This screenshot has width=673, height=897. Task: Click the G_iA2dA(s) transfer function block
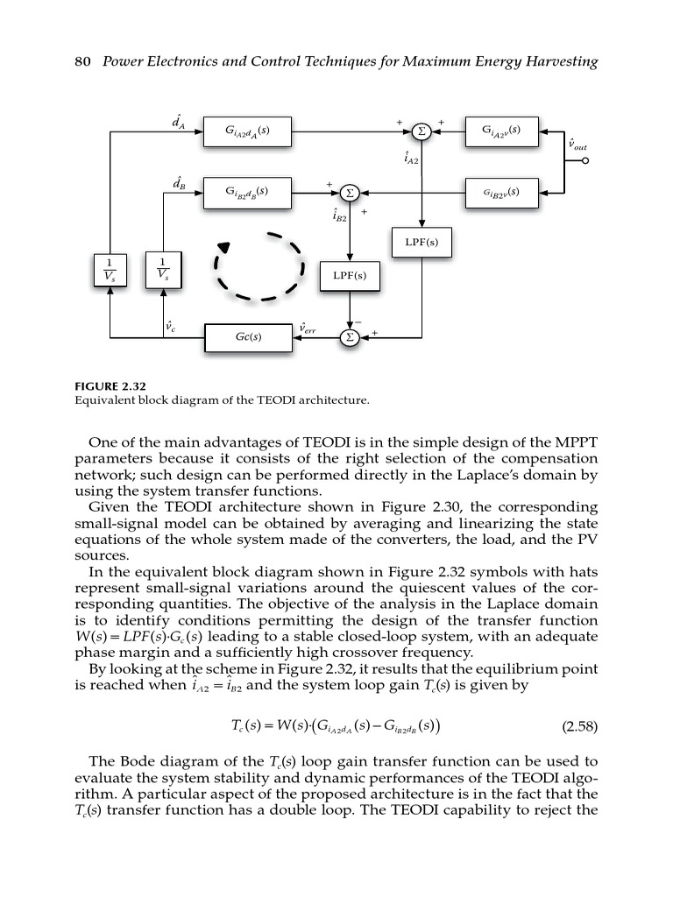(x=246, y=131)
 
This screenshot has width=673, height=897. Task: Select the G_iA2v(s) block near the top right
(x=502, y=131)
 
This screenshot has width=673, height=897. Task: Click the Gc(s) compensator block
(x=246, y=336)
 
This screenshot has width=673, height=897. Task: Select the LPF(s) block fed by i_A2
(x=422, y=243)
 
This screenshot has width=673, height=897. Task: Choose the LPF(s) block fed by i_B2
(x=350, y=276)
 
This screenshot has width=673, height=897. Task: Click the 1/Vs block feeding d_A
(x=109, y=269)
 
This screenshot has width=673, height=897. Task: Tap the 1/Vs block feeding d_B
(x=163, y=269)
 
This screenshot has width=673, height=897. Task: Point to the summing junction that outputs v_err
(x=350, y=336)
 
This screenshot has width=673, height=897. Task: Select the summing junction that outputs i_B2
(x=350, y=192)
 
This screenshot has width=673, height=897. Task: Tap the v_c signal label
(x=170, y=326)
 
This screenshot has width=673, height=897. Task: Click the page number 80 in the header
(x=83, y=61)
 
